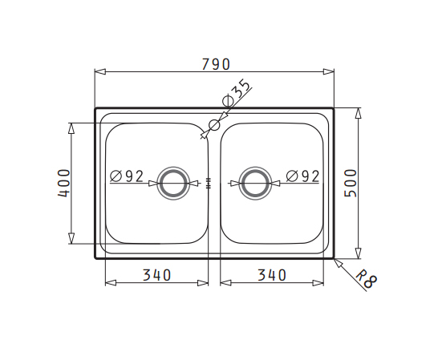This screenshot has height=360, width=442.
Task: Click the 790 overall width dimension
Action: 217,64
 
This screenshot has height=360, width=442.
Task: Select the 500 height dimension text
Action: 351,183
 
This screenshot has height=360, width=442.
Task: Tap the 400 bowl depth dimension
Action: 64,183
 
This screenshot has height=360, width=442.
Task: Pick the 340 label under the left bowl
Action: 156,275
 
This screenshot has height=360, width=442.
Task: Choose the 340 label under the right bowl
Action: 272,275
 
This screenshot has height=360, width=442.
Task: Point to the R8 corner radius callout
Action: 366,280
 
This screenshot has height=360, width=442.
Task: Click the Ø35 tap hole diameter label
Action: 236,93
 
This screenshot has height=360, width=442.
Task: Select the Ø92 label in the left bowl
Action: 127,176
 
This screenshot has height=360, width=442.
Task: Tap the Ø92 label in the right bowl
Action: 302,176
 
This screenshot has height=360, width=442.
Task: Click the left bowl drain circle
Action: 173,168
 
